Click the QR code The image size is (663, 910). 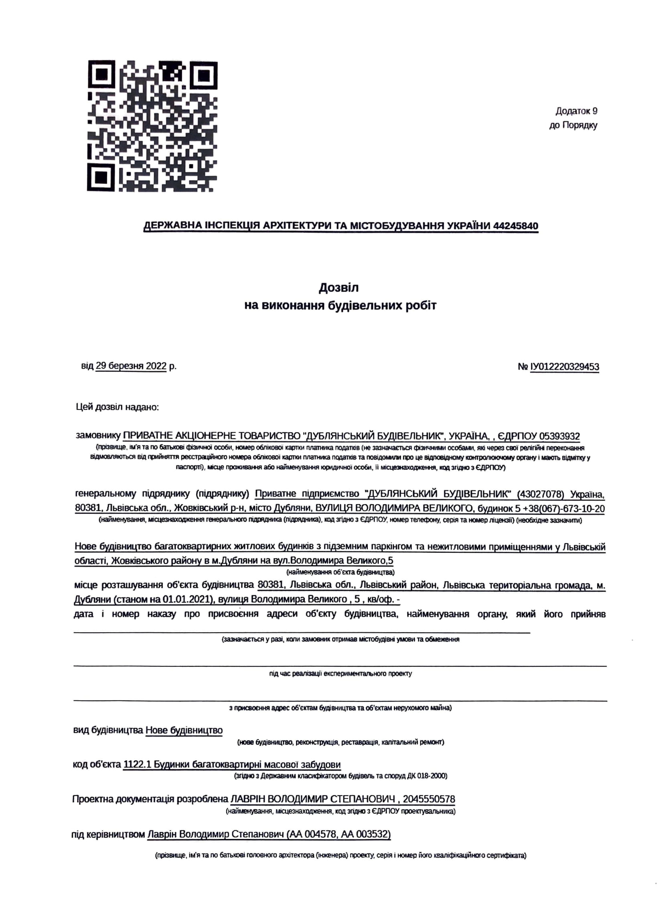coord(152,126)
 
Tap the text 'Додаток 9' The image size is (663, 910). coord(576,111)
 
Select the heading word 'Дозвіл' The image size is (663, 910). coord(339,287)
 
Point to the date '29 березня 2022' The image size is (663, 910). coord(131,366)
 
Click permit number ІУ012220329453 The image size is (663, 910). coord(565,366)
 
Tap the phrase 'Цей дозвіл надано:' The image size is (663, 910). coord(118,407)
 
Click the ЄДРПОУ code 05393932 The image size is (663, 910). coord(560,436)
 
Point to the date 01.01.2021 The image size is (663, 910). coord(187,600)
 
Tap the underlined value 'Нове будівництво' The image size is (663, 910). coord(184,730)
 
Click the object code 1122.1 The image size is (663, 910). coord(138,765)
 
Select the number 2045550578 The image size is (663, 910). coord(429,799)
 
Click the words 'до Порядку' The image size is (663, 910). coord(573,125)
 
